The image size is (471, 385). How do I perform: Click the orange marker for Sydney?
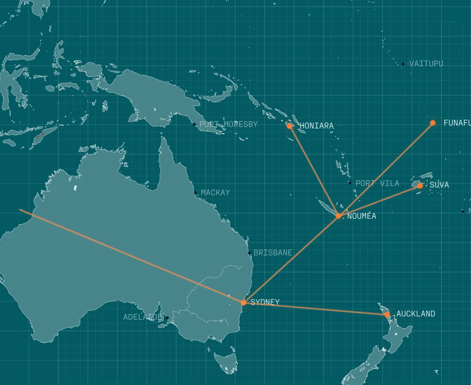(243, 303)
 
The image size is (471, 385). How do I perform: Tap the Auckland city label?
(416, 314)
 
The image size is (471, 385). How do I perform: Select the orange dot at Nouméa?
(339, 216)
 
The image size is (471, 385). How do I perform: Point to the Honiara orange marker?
(289, 126)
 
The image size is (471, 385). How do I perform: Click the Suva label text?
(439, 185)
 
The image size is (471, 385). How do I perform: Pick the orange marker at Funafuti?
(433, 123)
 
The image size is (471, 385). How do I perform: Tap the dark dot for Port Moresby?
(194, 125)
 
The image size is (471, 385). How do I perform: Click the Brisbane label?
(273, 253)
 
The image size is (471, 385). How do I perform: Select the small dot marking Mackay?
(196, 192)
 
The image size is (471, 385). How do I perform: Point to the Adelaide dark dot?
(167, 317)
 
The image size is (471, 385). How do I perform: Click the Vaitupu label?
(426, 64)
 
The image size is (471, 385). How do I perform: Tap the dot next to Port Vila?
(350, 183)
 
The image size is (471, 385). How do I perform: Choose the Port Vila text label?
(377, 183)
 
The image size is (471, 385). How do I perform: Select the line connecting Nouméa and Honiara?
(314, 171)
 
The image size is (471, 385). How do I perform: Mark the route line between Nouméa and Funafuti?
(386, 169)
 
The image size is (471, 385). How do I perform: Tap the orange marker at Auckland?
(387, 314)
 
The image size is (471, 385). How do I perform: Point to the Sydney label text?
(265, 302)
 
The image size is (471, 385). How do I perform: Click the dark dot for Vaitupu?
(403, 64)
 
